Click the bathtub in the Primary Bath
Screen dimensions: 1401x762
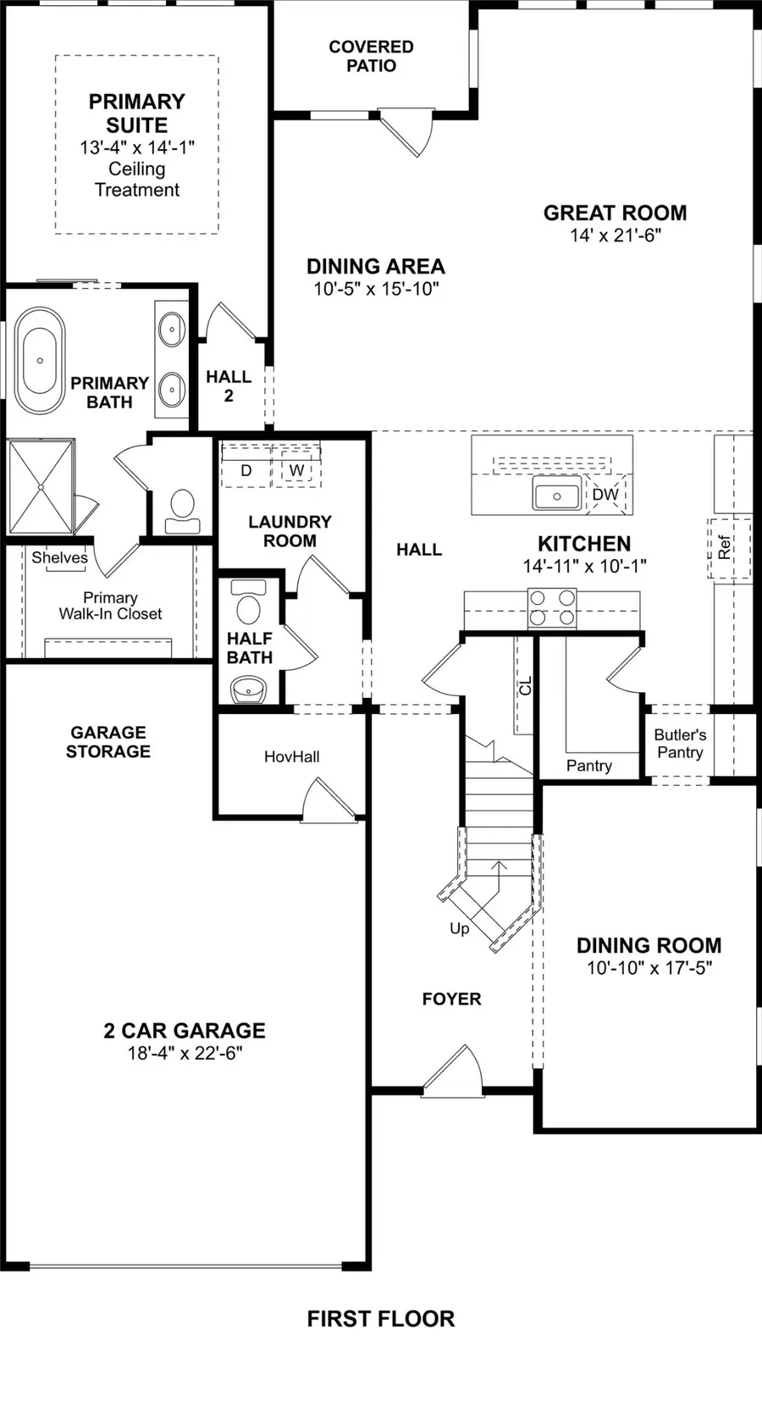pos(40,361)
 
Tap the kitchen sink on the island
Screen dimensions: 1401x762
pos(557,495)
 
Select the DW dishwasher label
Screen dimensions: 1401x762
pos(605,495)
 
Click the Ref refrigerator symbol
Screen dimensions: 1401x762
pos(726,548)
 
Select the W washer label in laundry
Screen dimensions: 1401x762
pos(296,471)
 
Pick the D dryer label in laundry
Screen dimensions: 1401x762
pos(246,471)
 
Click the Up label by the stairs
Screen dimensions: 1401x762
pos(459,929)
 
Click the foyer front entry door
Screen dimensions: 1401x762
pos(452,1071)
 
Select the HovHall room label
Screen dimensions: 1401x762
pos(291,757)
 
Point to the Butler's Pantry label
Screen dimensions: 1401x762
pos(680,744)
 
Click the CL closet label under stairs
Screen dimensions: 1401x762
pos(526,686)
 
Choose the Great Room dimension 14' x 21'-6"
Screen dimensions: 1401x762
pos(616,236)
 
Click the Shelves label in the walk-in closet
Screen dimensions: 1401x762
pos(59,557)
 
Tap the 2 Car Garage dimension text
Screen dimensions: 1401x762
pos(185,1054)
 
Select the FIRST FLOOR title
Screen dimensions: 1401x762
pos(380,1319)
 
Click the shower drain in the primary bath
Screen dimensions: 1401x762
pos(40,487)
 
